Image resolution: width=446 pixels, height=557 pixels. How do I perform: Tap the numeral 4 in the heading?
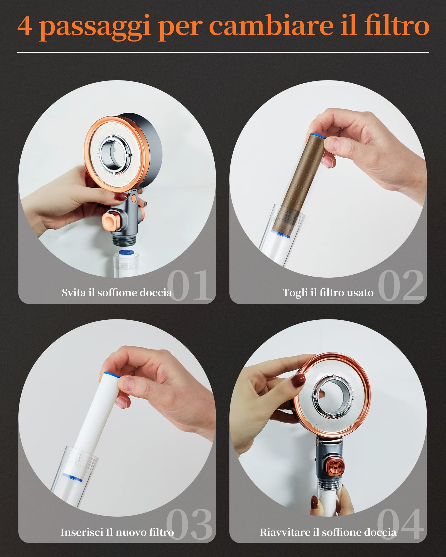pyautogui.click(x=25, y=26)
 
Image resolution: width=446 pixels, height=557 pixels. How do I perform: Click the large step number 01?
pyautogui.click(x=190, y=285)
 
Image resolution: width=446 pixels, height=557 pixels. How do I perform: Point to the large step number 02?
pyautogui.click(x=401, y=285)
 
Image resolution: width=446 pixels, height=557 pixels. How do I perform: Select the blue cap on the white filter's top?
pyautogui.click(x=110, y=375)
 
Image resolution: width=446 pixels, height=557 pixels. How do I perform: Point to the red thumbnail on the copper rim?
pyautogui.click(x=298, y=380)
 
